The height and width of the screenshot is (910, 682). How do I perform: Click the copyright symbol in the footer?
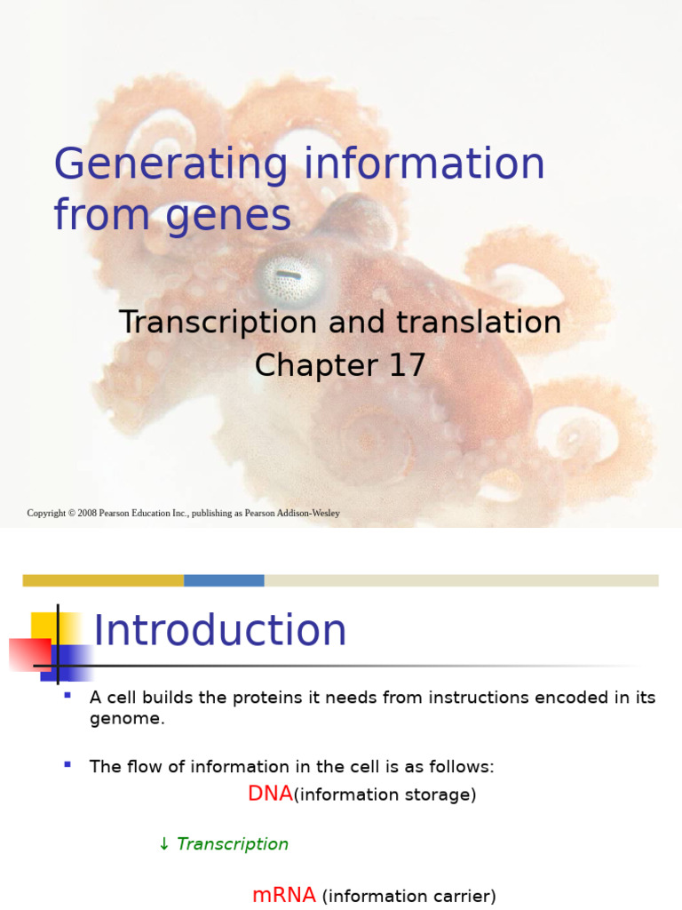(x=70, y=514)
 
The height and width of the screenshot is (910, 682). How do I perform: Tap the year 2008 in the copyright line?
(x=87, y=514)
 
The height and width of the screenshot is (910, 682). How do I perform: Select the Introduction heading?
(x=220, y=631)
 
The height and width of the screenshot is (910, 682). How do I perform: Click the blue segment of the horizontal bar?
(x=224, y=580)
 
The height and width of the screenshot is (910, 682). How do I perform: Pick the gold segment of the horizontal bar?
(x=103, y=580)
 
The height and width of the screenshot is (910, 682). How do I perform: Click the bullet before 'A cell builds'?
(x=67, y=694)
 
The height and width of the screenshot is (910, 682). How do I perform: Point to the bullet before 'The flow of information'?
(x=67, y=763)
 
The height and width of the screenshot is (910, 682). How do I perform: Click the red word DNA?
(x=270, y=794)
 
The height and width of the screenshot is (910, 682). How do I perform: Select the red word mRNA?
(x=284, y=896)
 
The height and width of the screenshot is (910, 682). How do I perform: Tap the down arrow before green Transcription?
(x=163, y=844)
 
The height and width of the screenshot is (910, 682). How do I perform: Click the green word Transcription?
(x=233, y=844)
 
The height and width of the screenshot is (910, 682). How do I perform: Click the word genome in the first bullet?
(x=124, y=719)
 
